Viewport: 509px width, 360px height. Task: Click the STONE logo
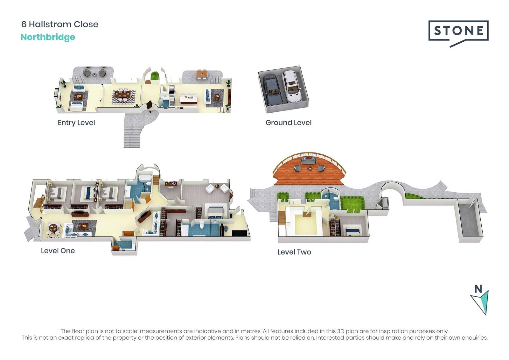[458, 34]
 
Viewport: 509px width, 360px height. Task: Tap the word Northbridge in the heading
[48, 37]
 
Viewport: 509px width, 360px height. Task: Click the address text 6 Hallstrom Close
[60, 24]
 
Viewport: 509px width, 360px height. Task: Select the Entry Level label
[76, 123]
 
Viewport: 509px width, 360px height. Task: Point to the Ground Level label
[288, 123]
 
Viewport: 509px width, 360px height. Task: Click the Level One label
[58, 251]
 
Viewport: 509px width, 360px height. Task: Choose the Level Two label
[294, 252]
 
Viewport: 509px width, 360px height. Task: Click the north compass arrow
[480, 302]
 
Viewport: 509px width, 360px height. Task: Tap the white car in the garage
[291, 86]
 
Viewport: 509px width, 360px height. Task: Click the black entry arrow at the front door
[150, 112]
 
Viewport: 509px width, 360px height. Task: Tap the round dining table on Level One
[53, 227]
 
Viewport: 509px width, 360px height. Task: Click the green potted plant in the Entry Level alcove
[155, 75]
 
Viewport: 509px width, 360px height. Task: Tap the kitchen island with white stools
[188, 99]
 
